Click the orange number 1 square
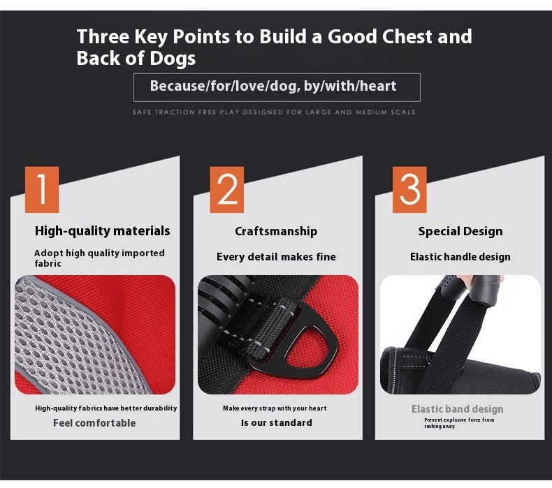click(42, 190)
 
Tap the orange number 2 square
click(226, 190)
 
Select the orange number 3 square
click(409, 190)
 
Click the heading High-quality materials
click(103, 231)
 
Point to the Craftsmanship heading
click(276, 232)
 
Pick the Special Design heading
click(460, 232)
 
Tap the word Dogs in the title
click(173, 59)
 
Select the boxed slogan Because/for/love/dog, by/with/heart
click(273, 86)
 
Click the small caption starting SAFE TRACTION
click(274, 112)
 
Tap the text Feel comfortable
click(94, 423)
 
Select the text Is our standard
click(277, 422)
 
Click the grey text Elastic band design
click(457, 409)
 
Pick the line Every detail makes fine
click(276, 257)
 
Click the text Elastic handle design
click(460, 257)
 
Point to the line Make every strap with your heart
click(275, 408)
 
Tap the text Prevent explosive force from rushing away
click(459, 423)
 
